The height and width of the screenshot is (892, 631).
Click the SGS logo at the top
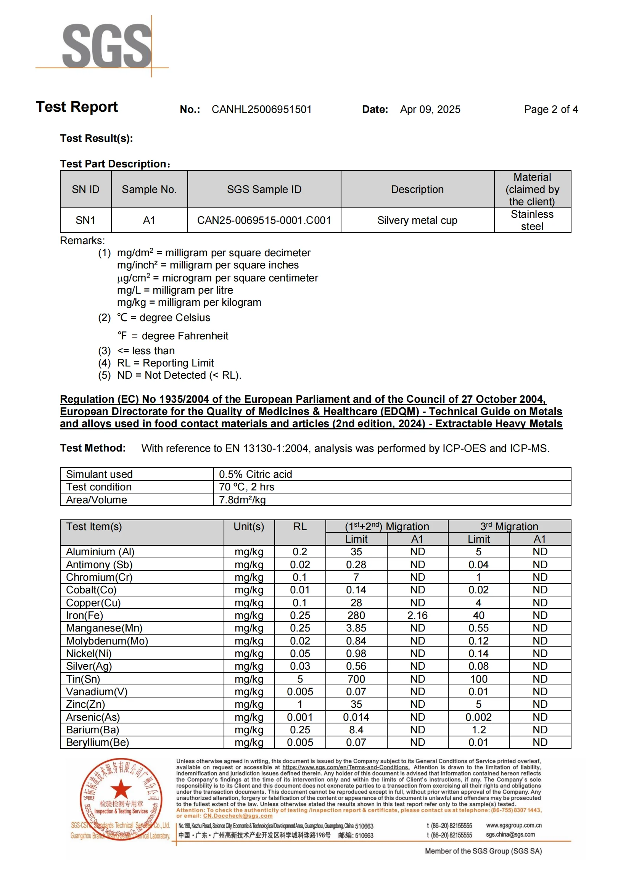(x=106, y=45)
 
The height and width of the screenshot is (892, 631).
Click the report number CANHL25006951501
(x=261, y=109)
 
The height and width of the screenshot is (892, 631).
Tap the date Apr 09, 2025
(x=430, y=109)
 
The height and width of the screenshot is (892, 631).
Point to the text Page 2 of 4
(x=551, y=109)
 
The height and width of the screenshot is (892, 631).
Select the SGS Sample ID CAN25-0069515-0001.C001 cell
(x=264, y=221)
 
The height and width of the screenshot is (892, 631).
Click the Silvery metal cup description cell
(x=417, y=221)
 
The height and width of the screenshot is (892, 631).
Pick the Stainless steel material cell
(x=532, y=220)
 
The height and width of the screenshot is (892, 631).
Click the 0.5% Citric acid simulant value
(x=255, y=474)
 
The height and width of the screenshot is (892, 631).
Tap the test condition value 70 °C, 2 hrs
(x=246, y=487)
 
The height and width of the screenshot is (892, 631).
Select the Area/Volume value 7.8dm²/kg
(x=242, y=500)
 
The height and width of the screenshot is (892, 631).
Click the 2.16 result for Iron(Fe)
(x=417, y=616)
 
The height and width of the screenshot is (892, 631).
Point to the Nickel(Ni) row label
(x=89, y=654)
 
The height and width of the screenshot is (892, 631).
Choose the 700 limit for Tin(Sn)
(x=356, y=679)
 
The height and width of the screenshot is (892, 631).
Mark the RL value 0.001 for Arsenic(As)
(x=299, y=717)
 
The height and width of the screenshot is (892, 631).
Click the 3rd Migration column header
(x=509, y=526)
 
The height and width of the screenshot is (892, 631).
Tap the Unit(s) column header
(x=249, y=527)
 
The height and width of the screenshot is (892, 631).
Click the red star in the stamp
(x=121, y=789)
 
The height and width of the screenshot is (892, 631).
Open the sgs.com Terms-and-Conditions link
(x=346, y=767)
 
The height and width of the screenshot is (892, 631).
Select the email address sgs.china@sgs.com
(x=510, y=834)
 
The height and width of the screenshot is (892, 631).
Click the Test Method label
(x=92, y=448)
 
